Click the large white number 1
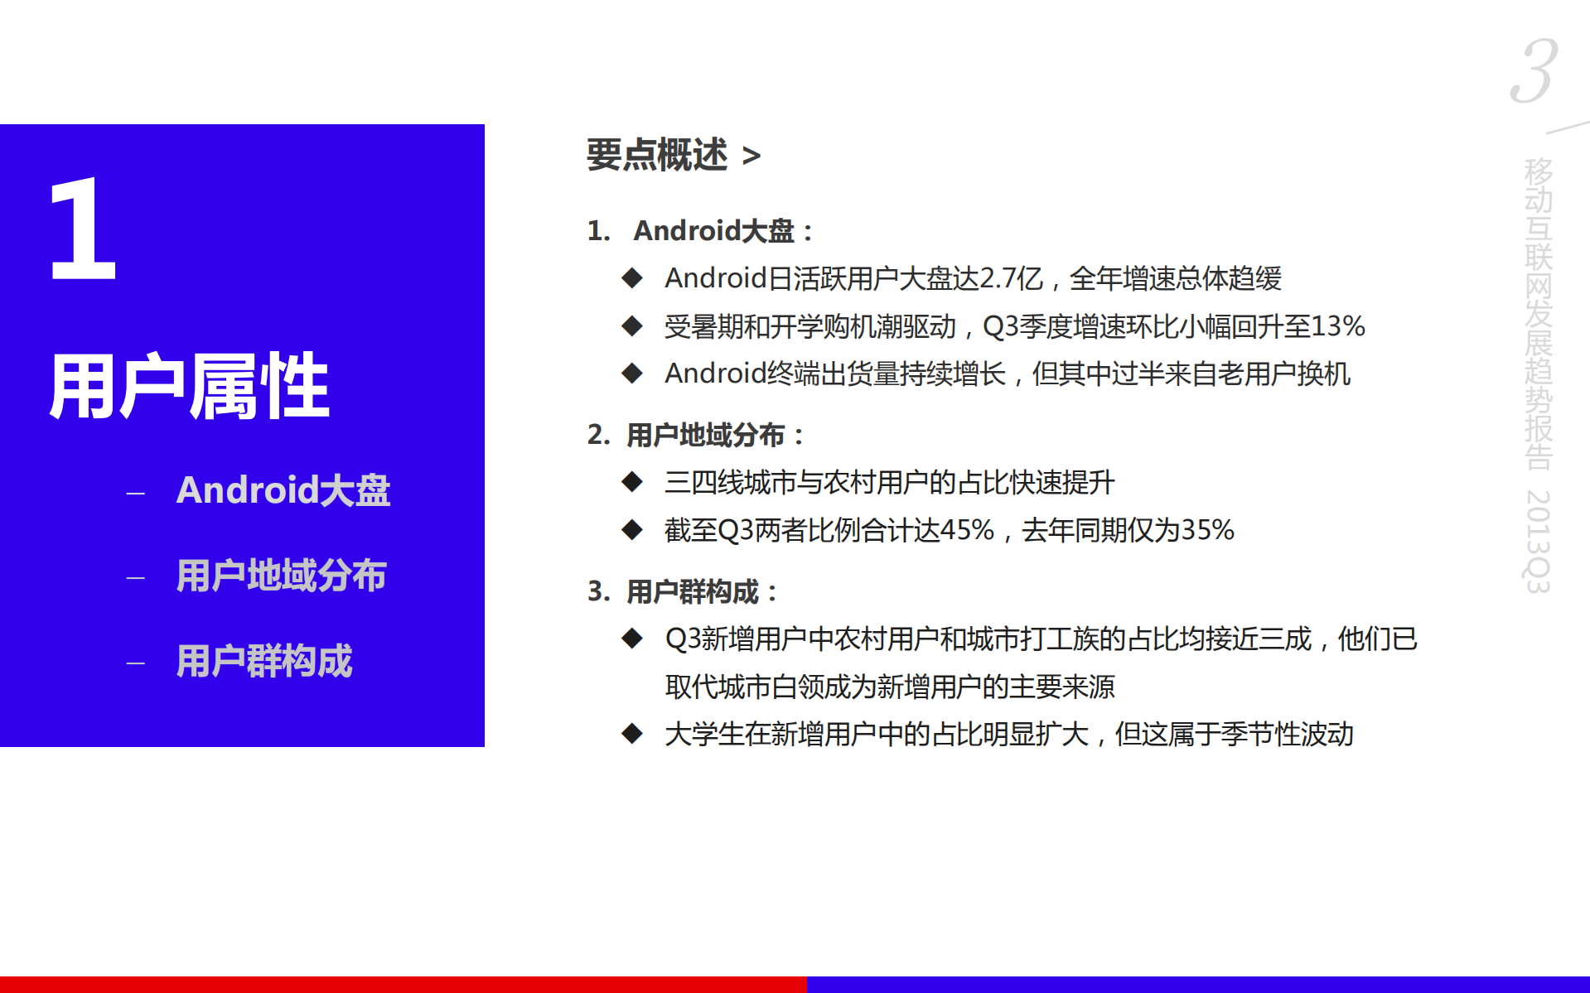(83, 229)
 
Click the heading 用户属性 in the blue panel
(189, 386)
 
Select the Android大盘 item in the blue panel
(283, 490)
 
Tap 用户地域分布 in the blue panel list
(281, 576)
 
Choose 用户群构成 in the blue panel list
(264, 661)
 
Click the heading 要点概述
(656, 155)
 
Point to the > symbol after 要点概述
(751, 156)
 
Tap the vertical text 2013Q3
(1538, 541)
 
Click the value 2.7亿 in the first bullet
(1011, 278)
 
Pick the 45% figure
(967, 530)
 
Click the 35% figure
(1207, 530)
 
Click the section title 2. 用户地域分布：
(696, 435)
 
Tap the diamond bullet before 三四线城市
(632, 482)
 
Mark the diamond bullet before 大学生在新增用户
(632, 734)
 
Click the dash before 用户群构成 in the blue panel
(136, 663)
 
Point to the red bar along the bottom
(403, 984)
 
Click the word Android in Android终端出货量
(715, 374)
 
